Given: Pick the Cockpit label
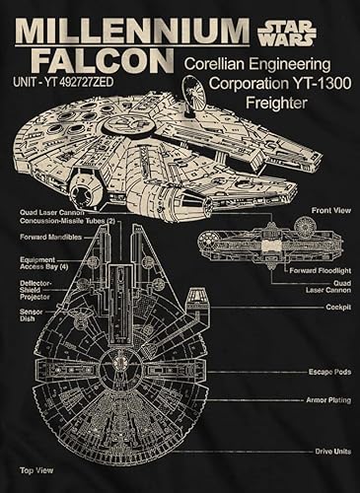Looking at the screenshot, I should tap(339, 308).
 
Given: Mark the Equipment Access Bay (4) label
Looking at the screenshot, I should tap(39, 263).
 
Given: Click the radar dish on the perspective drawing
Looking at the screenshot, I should tap(195, 94).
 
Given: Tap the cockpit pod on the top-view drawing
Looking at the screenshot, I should tap(197, 306).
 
